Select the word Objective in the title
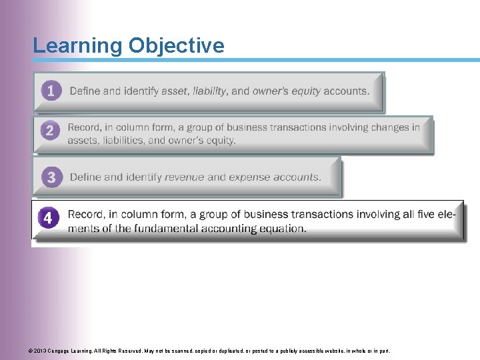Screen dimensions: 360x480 [176, 46]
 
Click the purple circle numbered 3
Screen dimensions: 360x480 [51, 177]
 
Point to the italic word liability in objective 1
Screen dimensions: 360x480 [210, 91]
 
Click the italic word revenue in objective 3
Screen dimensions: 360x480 [184, 177]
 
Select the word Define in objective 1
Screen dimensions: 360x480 [85, 91]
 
